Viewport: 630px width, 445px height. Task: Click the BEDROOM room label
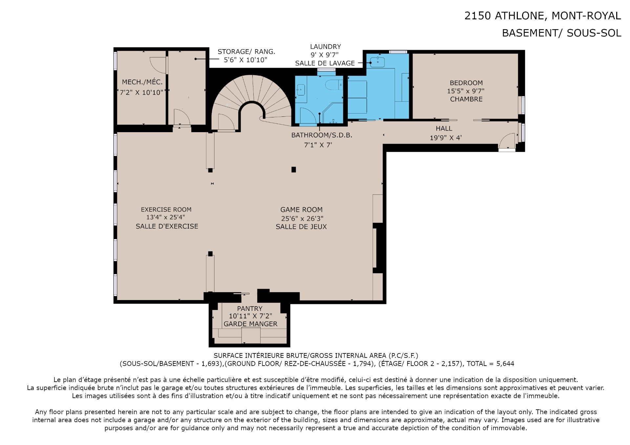coord(466,83)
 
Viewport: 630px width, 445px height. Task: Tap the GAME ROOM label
coord(301,210)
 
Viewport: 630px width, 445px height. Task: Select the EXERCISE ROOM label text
coord(166,210)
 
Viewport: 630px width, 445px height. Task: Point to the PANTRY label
coord(250,309)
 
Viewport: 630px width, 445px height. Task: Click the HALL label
coord(444,129)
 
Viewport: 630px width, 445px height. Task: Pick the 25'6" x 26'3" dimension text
coord(302,218)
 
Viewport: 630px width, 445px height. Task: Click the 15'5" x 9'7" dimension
coord(466,91)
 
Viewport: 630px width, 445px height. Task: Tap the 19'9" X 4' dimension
coord(446,138)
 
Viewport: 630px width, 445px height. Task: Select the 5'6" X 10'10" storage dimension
coord(245,60)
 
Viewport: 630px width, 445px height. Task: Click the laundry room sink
coord(377,62)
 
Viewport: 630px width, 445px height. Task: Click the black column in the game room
coord(294,170)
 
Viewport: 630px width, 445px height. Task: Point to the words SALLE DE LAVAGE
coord(325,63)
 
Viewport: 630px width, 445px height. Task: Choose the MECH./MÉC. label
coord(142,82)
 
